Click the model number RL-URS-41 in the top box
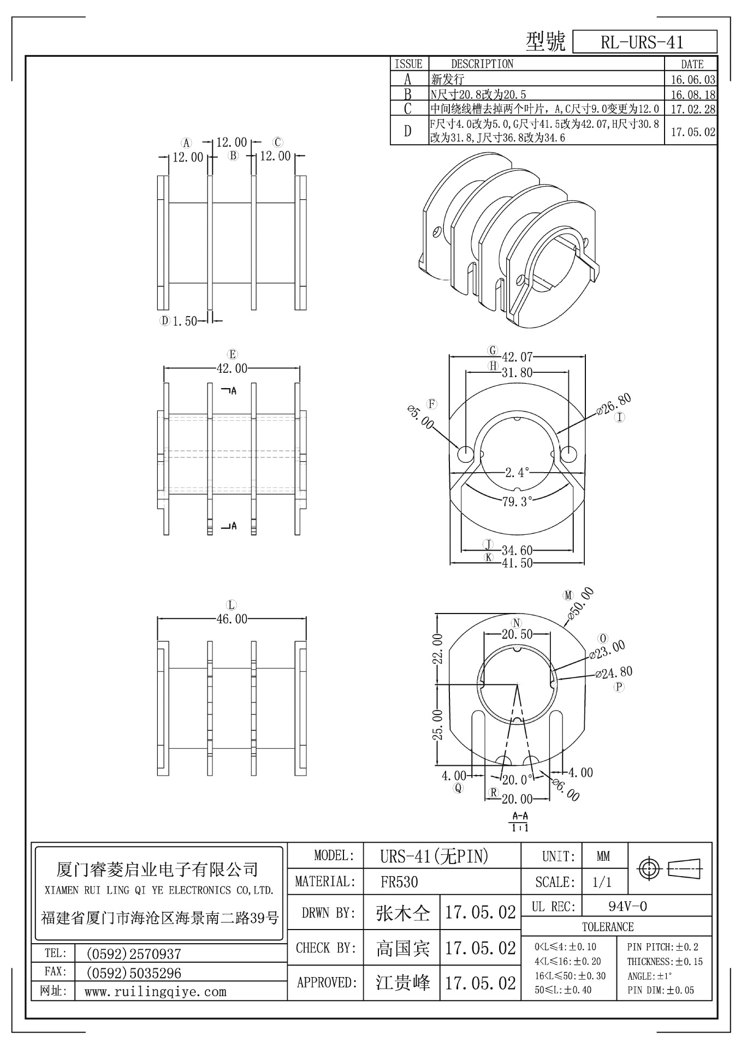642,42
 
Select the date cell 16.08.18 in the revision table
692,94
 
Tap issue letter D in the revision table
408,132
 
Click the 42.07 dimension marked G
517,358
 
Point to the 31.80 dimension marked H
517,373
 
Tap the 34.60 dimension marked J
517,550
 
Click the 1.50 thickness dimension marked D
185,321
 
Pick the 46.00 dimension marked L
232,619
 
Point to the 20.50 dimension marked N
517,634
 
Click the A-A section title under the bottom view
520,817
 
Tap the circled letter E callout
233,354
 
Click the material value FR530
399,882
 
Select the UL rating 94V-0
627,907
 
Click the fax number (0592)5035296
134,973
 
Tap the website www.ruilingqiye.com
155,992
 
